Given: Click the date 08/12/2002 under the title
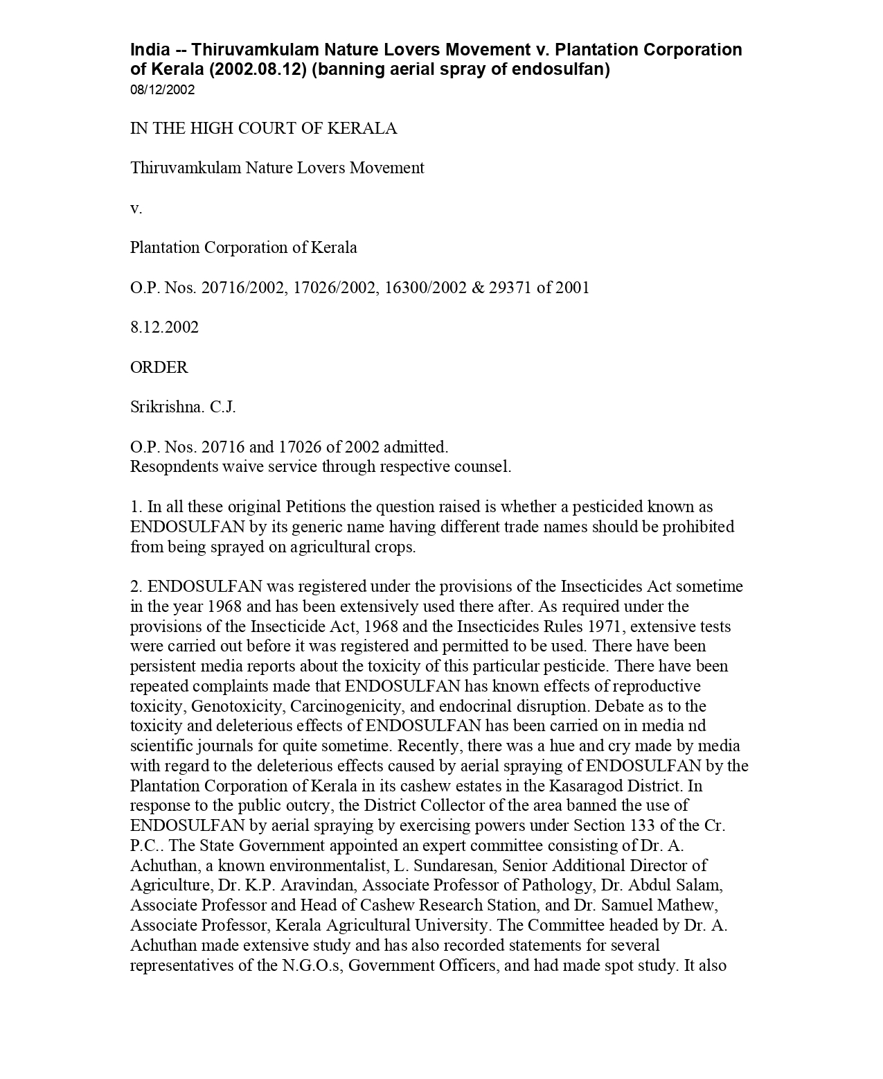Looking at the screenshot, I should point(162,90).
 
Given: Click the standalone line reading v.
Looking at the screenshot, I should point(136,208).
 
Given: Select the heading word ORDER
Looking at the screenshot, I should point(159,367).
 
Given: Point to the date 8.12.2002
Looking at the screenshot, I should point(164,327).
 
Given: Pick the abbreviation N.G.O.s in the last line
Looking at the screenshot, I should point(311,965).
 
